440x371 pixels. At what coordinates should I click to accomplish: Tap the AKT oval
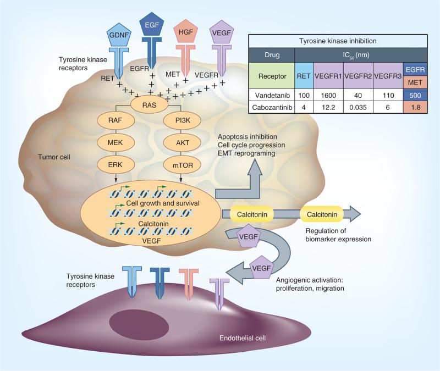(x=183, y=142)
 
